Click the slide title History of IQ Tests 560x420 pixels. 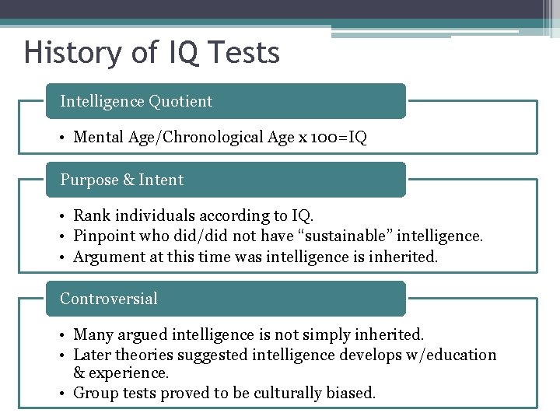click(152, 53)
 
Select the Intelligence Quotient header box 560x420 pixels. click(226, 101)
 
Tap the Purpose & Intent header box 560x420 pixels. click(226, 180)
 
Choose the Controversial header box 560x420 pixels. click(226, 299)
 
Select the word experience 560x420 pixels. click(131, 373)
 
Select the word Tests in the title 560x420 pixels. click(244, 53)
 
